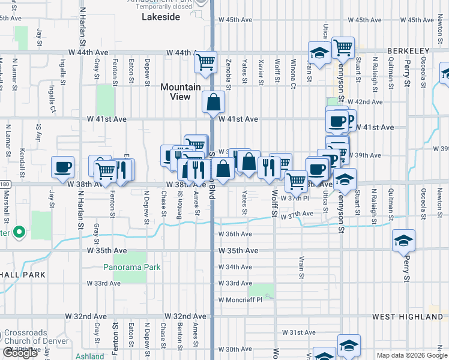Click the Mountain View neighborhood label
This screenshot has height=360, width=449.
[x=180, y=92]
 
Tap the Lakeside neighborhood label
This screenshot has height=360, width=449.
[x=161, y=17]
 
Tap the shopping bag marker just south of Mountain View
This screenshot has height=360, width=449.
[x=214, y=103]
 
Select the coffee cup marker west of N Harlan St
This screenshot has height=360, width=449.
[x=62, y=167]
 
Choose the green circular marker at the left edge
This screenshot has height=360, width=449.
[x=19, y=231]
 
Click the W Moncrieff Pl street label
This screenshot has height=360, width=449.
[x=240, y=299]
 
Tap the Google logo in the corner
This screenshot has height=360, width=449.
[x=20, y=353]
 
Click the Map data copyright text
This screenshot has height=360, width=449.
[x=412, y=355]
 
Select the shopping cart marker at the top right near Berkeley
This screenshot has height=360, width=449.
[x=343, y=47]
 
